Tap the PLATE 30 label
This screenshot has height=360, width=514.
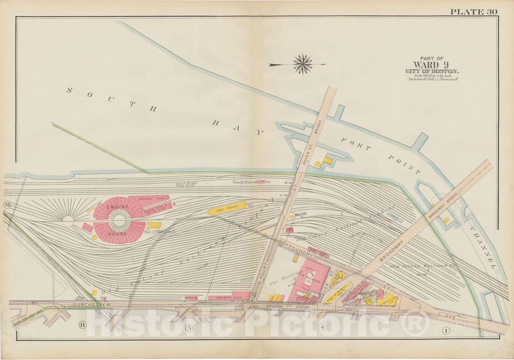473,12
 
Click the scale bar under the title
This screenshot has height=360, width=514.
433,78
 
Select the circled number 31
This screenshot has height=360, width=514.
7,205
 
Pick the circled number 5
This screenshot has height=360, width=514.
190,328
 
